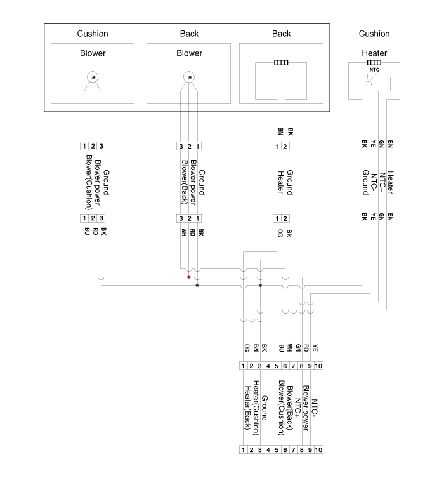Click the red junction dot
189,277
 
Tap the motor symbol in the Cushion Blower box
93,77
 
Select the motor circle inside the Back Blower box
189,77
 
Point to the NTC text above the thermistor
374,70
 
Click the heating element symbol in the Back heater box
281,62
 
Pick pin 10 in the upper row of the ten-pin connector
318,366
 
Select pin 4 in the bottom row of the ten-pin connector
268,449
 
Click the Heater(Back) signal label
247,408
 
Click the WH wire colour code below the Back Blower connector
184,232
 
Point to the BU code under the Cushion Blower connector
87,231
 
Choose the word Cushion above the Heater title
374,34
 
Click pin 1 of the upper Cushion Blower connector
84,146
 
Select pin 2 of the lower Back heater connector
285,218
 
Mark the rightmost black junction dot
260,285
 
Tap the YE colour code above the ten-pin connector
315,347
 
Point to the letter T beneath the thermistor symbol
372,85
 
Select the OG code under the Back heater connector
280,233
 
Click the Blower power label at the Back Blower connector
193,182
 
